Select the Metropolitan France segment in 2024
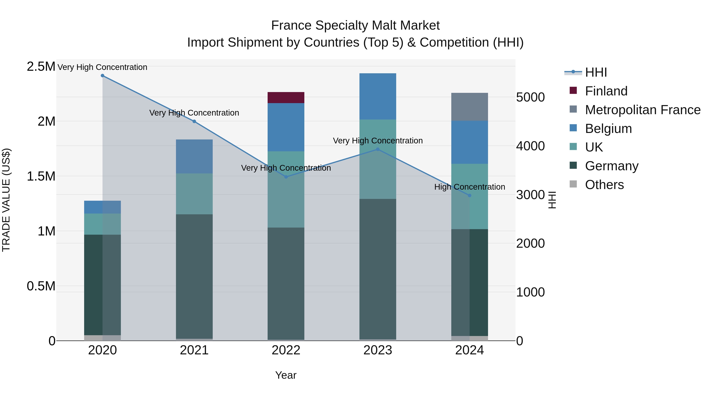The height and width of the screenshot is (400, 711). click(469, 107)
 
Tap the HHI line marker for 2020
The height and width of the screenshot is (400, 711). click(102, 76)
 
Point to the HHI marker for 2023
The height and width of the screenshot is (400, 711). click(378, 149)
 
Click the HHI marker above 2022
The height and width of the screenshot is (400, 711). click(286, 177)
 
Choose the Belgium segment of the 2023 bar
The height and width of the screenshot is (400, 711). click(378, 96)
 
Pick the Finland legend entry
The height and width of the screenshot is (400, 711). click(606, 91)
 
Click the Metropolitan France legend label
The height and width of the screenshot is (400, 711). click(642, 110)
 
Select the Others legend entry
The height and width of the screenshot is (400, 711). click(604, 185)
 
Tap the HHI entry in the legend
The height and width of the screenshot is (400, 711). click(596, 72)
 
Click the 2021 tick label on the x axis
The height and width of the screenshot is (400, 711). click(194, 350)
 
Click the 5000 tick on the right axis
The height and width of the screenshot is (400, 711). click(530, 97)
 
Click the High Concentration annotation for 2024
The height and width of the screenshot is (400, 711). click(469, 187)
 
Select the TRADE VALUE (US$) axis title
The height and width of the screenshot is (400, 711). click(6, 200)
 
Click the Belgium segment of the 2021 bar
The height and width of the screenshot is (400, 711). click(194, 156)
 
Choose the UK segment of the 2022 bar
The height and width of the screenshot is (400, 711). click(286, 189)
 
